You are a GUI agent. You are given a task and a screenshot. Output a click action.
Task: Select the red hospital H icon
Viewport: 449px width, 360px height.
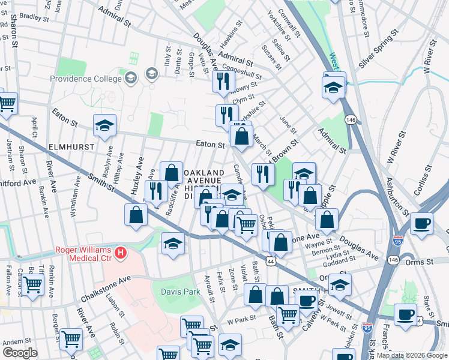pos(121,253)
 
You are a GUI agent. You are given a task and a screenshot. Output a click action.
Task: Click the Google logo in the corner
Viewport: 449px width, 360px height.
pos(20,353)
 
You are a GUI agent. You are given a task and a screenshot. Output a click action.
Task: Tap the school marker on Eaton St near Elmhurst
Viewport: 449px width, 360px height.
pos(105,125)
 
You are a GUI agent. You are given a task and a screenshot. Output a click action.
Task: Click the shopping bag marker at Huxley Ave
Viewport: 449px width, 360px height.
pos(136,214)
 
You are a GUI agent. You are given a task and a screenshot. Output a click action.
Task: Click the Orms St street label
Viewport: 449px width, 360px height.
pos(420,262)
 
